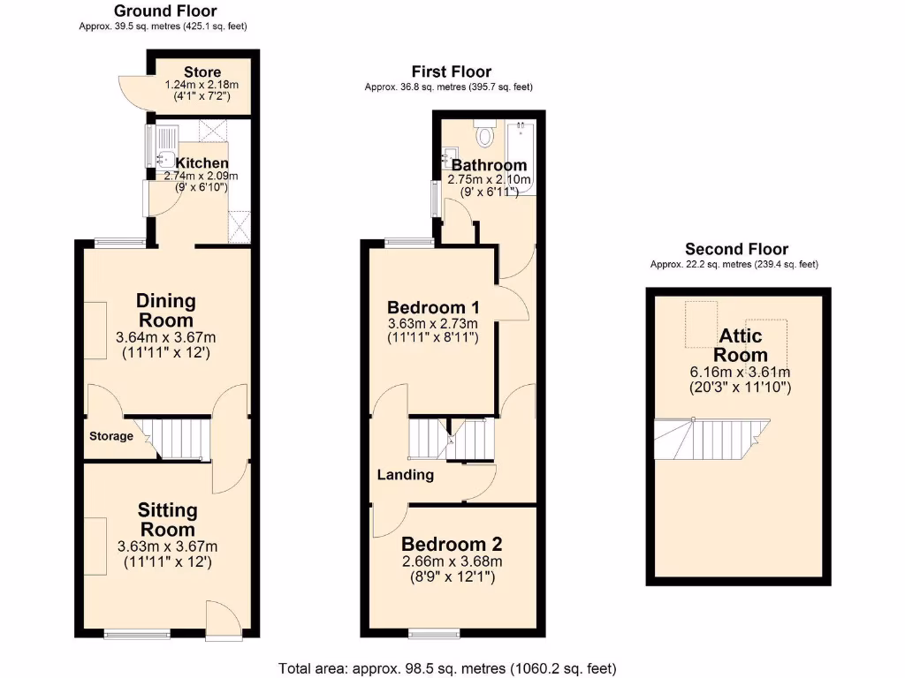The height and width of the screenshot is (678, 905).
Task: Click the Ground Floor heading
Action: [x=165, y=11]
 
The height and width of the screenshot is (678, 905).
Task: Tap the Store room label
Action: [x=202, y=72]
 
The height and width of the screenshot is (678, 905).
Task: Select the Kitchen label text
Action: [x=202, y=163]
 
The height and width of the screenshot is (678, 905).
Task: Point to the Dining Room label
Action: [x=166, y=310]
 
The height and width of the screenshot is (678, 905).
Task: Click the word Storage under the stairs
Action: [x=111, y=436]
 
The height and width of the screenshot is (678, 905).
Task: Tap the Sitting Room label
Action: [x=167, y=519]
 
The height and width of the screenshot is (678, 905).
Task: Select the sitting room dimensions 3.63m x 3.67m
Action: [x=167, y=546]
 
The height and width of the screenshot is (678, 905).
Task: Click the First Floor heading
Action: [x=451, y=72]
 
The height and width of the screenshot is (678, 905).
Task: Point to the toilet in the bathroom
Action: [x=483, y=134]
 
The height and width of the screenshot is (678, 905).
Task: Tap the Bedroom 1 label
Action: [x=433, y=307]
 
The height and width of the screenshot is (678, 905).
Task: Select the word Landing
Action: [x=406, y=475]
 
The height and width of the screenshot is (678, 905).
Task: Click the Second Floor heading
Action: [x=736, y=249]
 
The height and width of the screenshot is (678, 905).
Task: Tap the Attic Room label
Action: [x=741, y=345]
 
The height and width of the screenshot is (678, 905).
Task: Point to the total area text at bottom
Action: [x=447, y=668]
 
